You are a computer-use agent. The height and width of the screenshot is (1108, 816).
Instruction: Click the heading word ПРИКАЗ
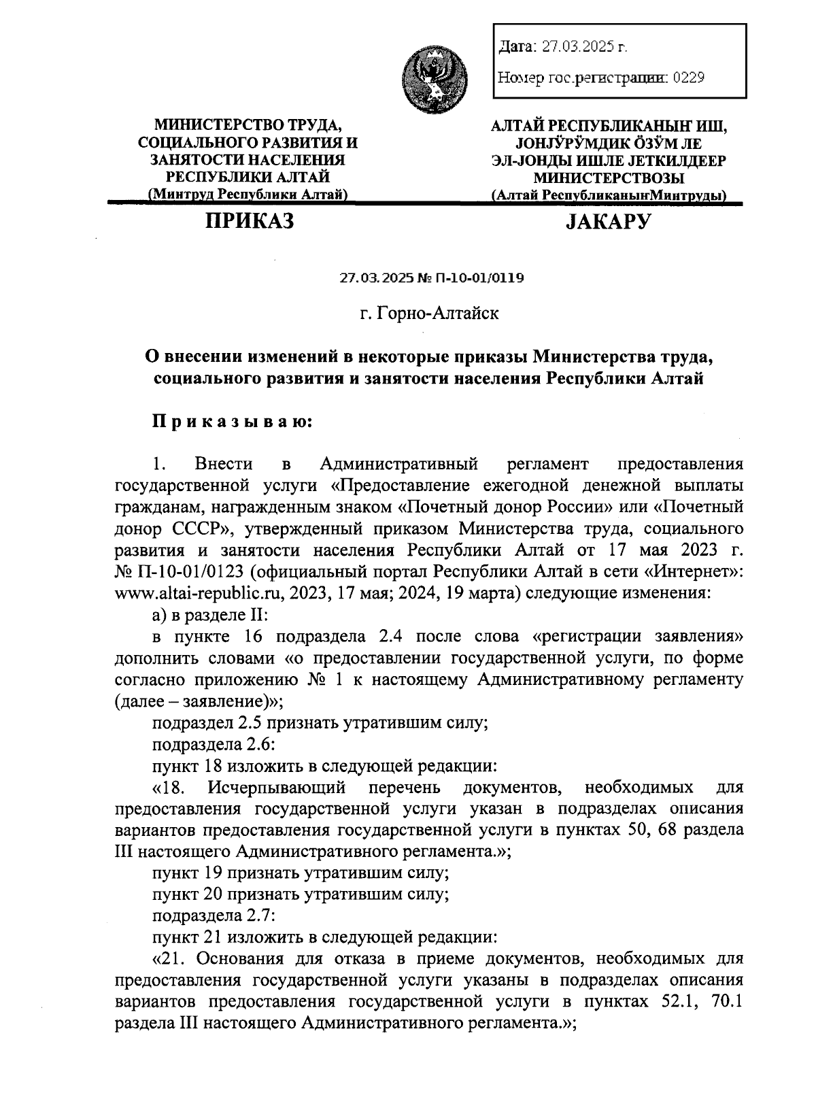tap(250, 220)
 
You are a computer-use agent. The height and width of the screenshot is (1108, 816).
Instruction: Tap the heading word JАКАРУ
tap(609, 221)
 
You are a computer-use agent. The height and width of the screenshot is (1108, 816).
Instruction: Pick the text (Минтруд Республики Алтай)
tap(248, 195)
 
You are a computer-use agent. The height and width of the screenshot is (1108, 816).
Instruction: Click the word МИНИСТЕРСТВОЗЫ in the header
tap(609, 178)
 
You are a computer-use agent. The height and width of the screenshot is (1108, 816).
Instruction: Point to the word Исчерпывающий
tap(277, 788)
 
